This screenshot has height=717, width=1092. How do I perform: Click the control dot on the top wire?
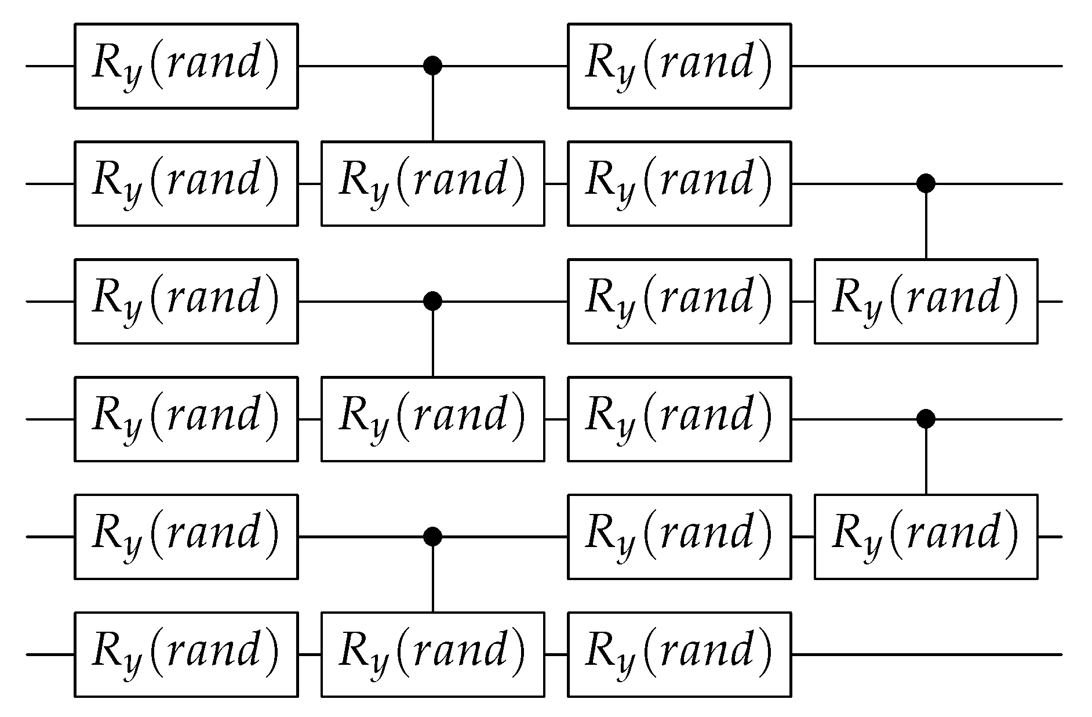click(x=433, y=66)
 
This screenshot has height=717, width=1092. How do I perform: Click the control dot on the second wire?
click(x=926, y=183)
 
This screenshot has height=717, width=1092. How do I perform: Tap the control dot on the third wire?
click(x=433, y=301)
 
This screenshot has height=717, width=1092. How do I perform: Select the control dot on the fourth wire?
click(x=926, y=418)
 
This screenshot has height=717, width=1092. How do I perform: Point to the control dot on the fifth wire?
click(x=433, y=536)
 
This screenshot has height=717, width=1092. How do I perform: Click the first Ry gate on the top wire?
click(x=186, y=66)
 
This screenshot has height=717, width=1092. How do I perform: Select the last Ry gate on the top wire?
click(x=679, y=66)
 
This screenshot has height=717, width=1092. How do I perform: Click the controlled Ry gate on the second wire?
click(x=433, y=183)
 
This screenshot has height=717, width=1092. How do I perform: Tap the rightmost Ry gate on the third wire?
click(x=926, y=301)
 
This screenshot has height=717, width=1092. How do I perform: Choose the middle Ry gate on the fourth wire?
click(x=433, y=418)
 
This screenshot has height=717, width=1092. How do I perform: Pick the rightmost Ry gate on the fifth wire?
click(x=926, y=536)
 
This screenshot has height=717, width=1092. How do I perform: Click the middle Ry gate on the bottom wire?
click(x=433, y=654)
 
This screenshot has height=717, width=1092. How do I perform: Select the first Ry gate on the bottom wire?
click(x=186, y=654)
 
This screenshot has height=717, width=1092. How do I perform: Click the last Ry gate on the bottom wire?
click(x=679, y=654)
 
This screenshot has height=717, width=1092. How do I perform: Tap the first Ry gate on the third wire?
click(x=186, y=301)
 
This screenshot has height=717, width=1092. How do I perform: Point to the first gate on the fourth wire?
click(x=186, y=418)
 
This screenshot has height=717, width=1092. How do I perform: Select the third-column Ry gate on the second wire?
click(x=679, y=183)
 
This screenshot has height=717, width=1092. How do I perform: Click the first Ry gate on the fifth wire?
click(x=186, y=536)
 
